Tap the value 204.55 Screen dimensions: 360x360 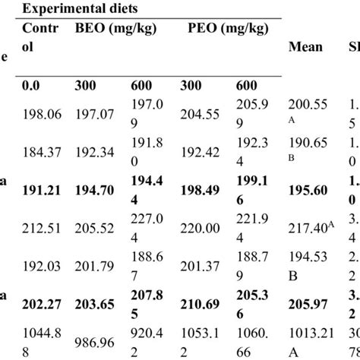(x=204, y=113)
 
